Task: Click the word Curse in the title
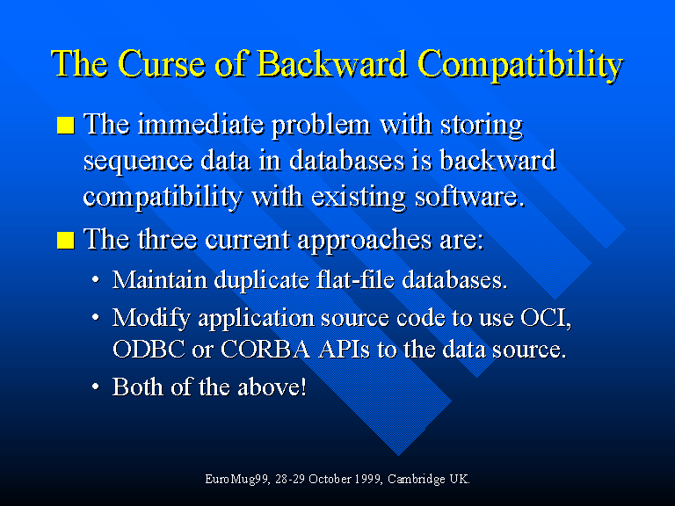point(161,63)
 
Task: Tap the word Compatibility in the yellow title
point(520,65)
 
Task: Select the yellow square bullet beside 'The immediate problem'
point(66,126)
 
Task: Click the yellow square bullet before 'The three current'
point(66,240)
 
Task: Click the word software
point(469,197)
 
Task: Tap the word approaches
point(365,241)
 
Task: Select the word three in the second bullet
point(168,239)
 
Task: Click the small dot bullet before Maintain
point(96,280)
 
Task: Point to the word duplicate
point(262,280)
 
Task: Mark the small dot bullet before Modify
point(96,318)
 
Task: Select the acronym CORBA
point(265,349)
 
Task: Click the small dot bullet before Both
point(96,387)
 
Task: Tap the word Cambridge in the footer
point(417,480)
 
